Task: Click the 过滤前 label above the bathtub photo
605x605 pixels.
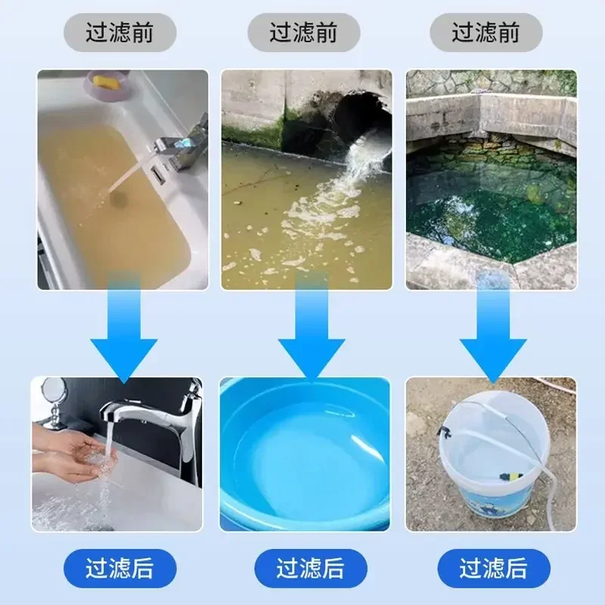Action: click(x=119, y=33)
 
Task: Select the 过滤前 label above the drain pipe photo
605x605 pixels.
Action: click(x=304, y=33)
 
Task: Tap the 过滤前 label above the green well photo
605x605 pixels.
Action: click(x=486, y=33)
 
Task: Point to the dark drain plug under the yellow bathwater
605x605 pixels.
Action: click(x=119, y=198)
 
